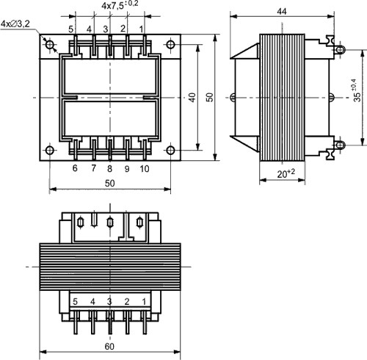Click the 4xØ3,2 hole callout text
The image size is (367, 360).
click(15, 24)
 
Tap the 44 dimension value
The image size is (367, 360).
click(282, 11)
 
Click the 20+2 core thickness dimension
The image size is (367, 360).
click(286, 173)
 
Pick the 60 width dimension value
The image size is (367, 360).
click(109, 347)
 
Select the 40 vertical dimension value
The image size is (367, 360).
click(192, 97)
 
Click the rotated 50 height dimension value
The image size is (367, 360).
click(210, 97)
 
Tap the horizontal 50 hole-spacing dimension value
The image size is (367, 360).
click(109, 183)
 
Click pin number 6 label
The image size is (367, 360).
click(75, 168)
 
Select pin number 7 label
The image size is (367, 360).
click(93, 168)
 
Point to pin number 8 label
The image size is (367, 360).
click(109, 168)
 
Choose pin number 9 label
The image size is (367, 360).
click(127, 169)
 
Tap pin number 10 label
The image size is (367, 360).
click(145, 169)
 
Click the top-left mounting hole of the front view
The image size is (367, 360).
click(50, 45)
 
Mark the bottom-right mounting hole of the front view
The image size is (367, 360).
click(170, 150)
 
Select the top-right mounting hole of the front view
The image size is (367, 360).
click(170, 45)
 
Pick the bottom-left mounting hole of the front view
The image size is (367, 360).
click(50, 150)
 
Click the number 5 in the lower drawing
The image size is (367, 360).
click(75, 302)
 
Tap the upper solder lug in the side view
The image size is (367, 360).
click(340, 50)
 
